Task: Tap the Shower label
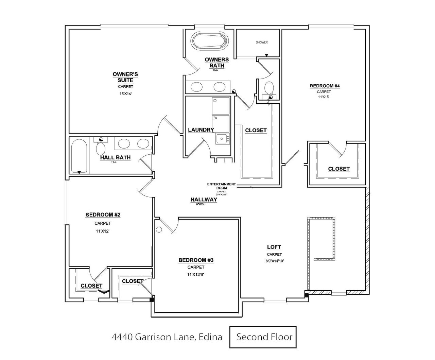tap(262, 42)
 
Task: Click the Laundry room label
tap(201, 130)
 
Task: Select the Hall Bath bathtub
tap(80, 157)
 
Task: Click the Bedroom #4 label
tap(325, 86)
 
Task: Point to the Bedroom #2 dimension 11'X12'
tap(103, 231)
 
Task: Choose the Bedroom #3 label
tap(196, 260)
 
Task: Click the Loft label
tap(274, 247)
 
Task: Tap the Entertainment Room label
tap(221, 184)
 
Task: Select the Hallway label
tap(204, 200)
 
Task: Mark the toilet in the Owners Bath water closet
tap(269, 87)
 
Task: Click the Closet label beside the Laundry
tap(256, 130)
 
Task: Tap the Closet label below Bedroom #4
tap(338, 169)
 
